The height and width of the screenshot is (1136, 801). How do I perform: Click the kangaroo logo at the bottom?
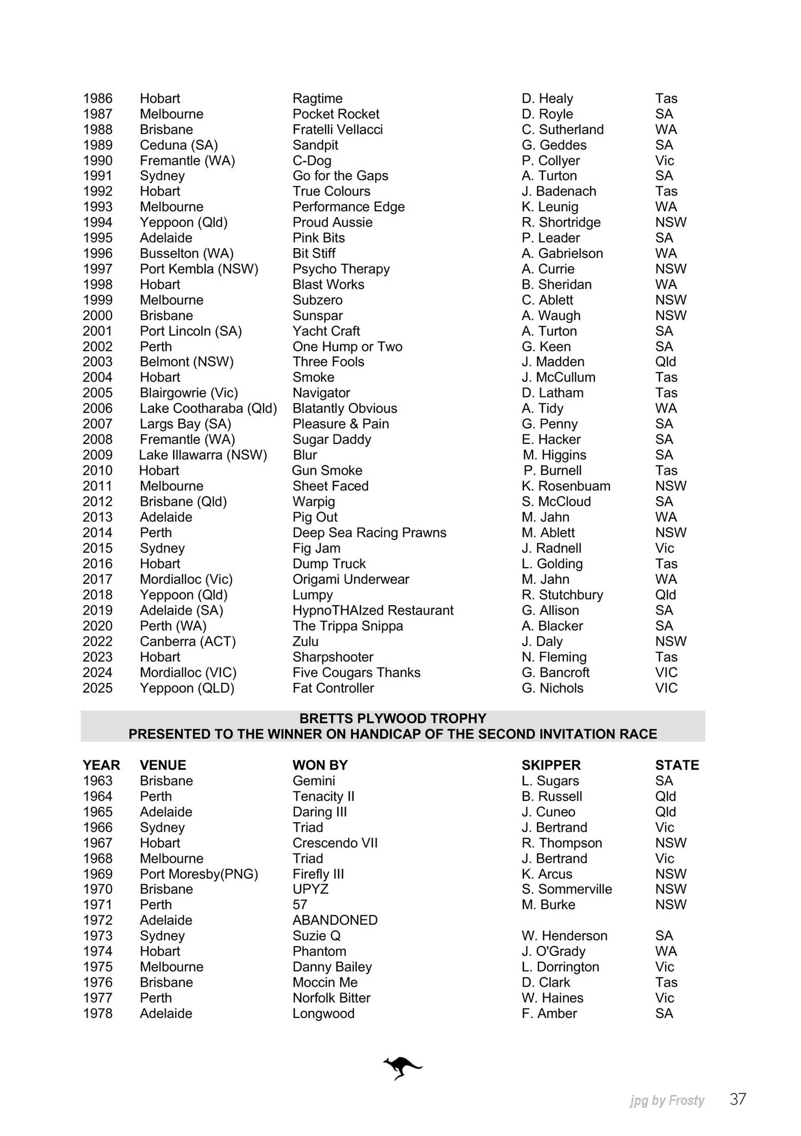[x=402, y=1067]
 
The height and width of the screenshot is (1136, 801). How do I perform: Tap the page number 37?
[x=737, y=1099]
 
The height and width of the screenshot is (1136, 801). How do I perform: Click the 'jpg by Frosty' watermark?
[x=667, y=1100]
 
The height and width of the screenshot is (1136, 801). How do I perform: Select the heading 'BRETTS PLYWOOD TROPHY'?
[x=392, y=718]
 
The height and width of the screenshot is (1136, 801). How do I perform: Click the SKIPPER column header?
[x=551, y=765]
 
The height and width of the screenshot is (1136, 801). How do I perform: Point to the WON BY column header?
[x=320, y=765]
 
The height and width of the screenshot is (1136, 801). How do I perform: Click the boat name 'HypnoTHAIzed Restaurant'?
[x=373, y=610]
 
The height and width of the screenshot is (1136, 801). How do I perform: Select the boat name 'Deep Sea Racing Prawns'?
[x=369, y=533]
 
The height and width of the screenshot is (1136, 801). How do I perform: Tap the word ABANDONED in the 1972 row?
[x=335, y=920]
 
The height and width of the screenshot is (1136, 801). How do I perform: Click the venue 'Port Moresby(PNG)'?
[x=199, y=873]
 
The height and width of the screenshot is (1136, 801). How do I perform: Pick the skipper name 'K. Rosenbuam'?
[x=566, y=486]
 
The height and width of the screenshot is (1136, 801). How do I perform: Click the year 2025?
[x=98, y=688]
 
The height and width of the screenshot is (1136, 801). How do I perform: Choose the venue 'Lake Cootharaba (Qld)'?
[x=208, y=408]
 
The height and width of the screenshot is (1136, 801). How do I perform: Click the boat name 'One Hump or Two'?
[x=347, y=346]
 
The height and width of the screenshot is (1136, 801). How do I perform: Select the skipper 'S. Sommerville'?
[x=567, y=889]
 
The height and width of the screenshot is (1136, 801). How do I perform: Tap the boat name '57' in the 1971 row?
[x=300, y=904]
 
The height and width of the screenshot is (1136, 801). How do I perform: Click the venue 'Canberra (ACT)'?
[x=187, y=641]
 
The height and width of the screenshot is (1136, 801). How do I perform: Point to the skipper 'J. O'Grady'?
[x=553, y=951]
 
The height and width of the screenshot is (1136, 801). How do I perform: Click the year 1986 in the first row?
[x=98, y=98]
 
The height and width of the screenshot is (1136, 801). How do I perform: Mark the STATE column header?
[x=677, y=765]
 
